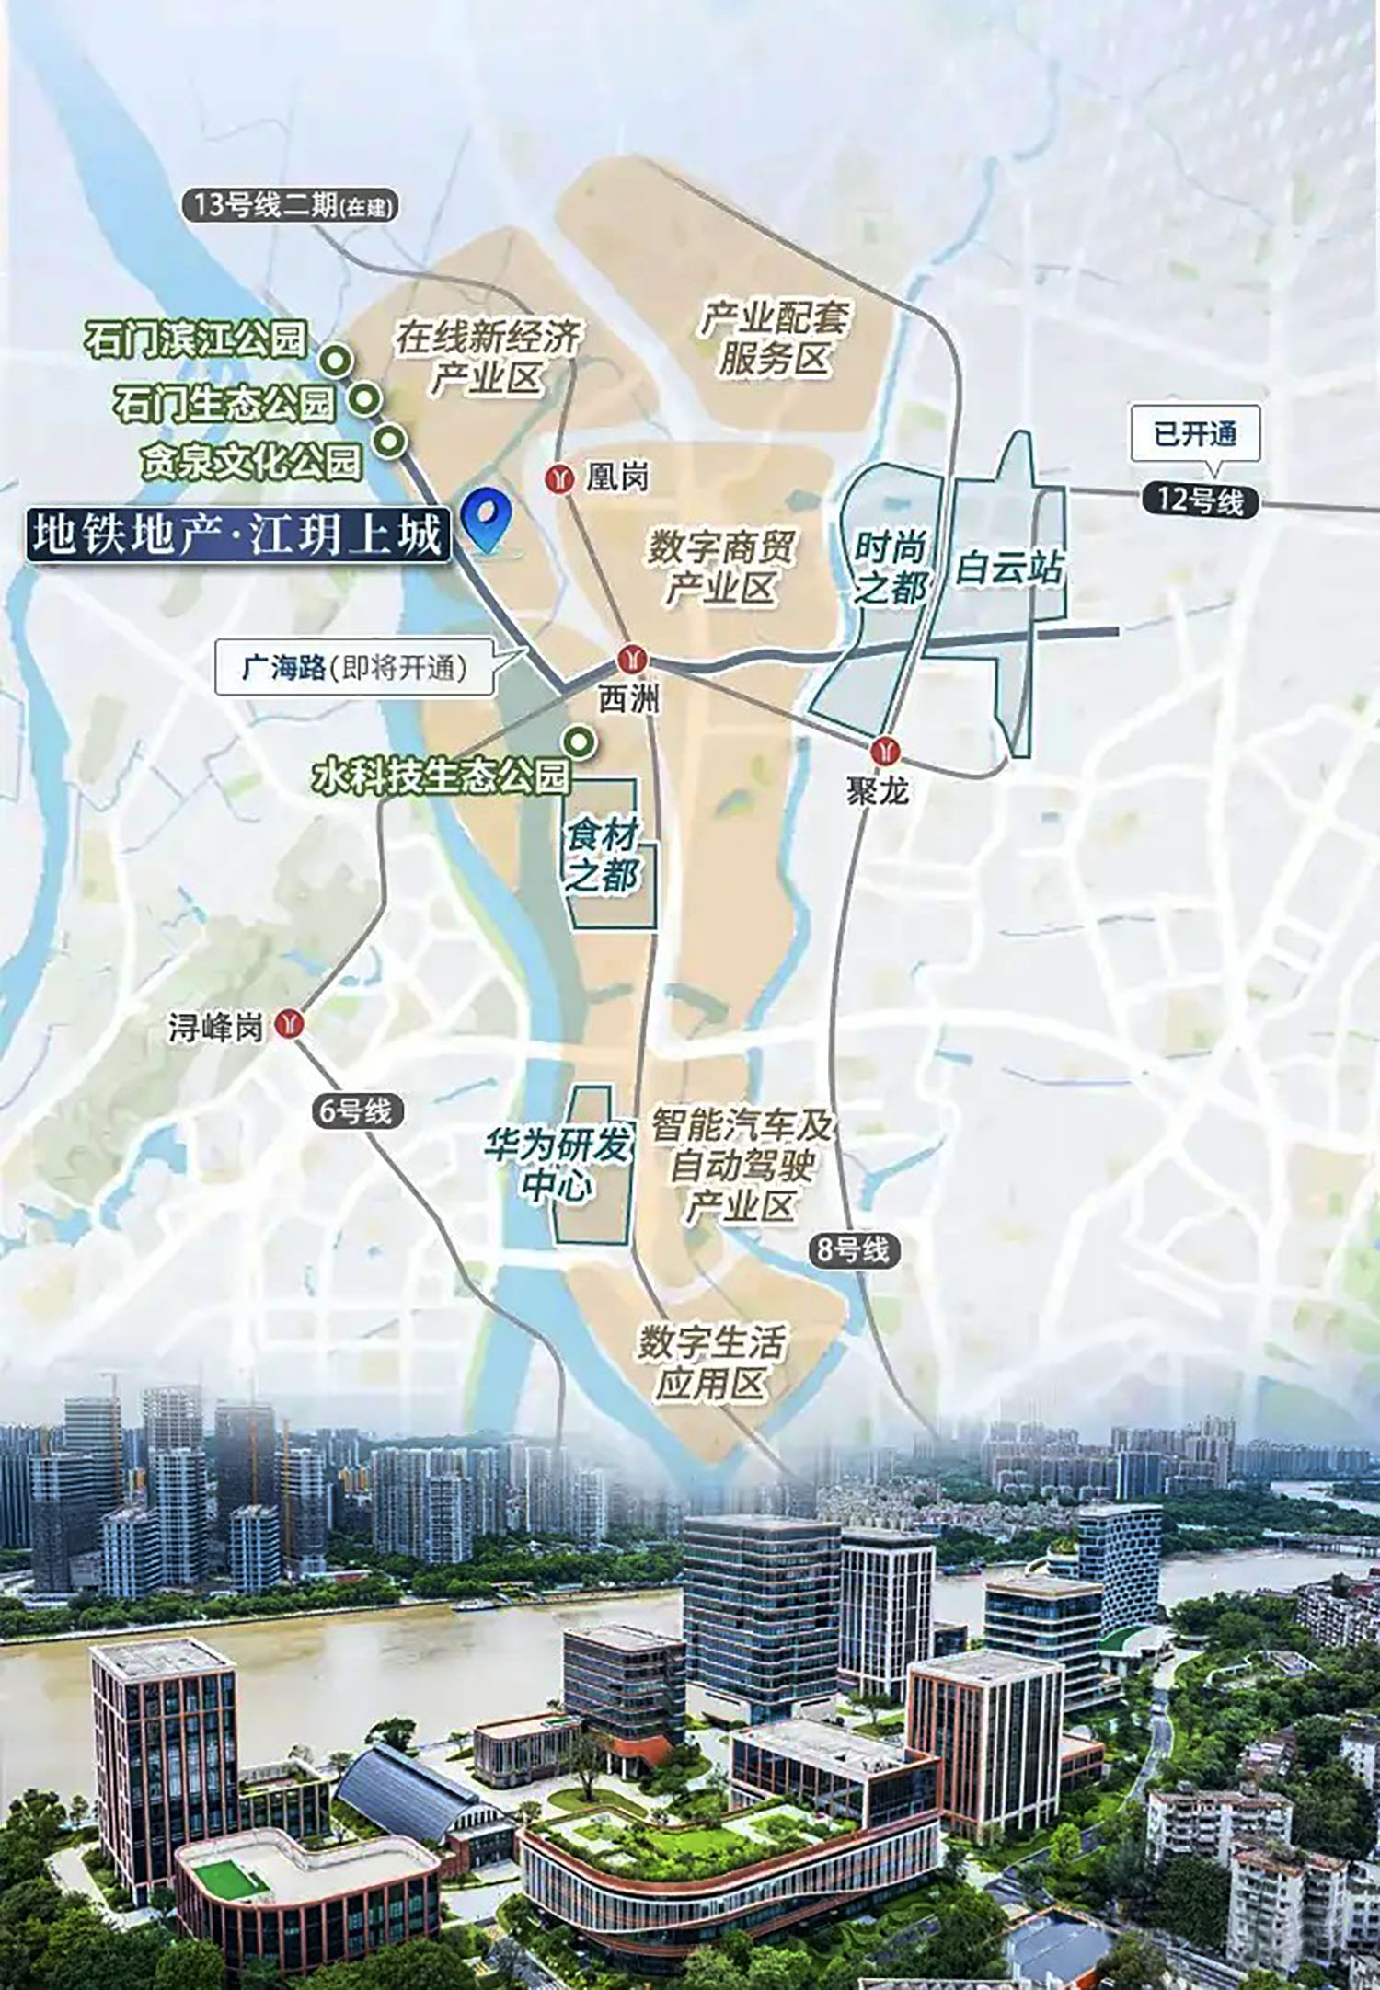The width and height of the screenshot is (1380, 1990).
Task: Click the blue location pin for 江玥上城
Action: [487, 518]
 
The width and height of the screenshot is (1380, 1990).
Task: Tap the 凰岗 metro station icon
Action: [559, 478]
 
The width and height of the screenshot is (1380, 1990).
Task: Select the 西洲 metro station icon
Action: [632, 659]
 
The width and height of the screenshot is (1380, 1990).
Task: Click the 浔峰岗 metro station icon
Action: [292, 1023]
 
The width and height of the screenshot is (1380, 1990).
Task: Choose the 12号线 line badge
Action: [1200, 501]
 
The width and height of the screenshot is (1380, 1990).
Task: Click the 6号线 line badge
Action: [356, 1111]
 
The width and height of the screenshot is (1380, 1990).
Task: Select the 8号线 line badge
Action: [854, 1249]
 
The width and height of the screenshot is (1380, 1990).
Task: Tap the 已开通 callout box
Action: [1195, 434]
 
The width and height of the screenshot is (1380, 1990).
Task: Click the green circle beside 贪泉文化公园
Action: [392, 441]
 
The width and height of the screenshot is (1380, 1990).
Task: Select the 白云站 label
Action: [1009, 568]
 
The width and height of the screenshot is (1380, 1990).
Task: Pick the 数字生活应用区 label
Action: [711, 1363]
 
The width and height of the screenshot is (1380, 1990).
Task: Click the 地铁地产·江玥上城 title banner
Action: [237, 536]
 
